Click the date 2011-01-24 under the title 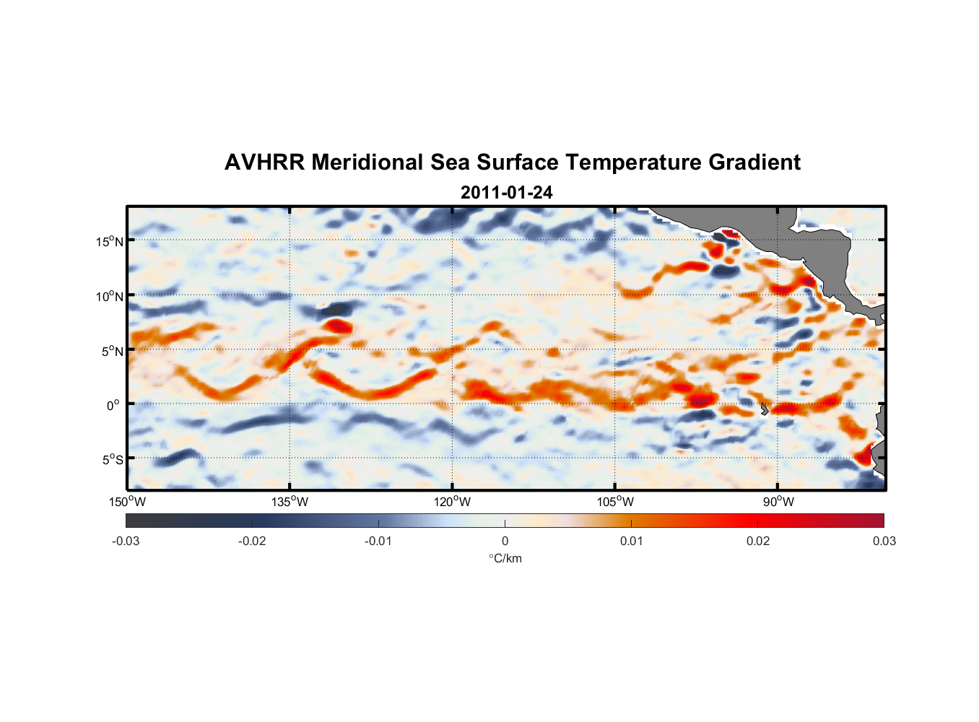[506, 193]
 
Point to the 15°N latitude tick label [109, 241]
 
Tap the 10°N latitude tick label [109, 296]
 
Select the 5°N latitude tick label [112, 351]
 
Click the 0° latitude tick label [113, 405]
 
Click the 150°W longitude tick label [128, 502]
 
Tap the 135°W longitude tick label [290, 502]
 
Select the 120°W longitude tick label [453, 502]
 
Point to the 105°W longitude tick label [615, 502]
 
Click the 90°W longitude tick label [778, 502]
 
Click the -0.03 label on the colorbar [126, 541]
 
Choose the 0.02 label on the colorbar [757, 541]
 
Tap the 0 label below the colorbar [505, 541]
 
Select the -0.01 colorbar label [378, 541]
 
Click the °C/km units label [505, 558]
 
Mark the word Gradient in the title [754, 162]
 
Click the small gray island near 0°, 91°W [764, 409]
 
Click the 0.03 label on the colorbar [884, 541]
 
